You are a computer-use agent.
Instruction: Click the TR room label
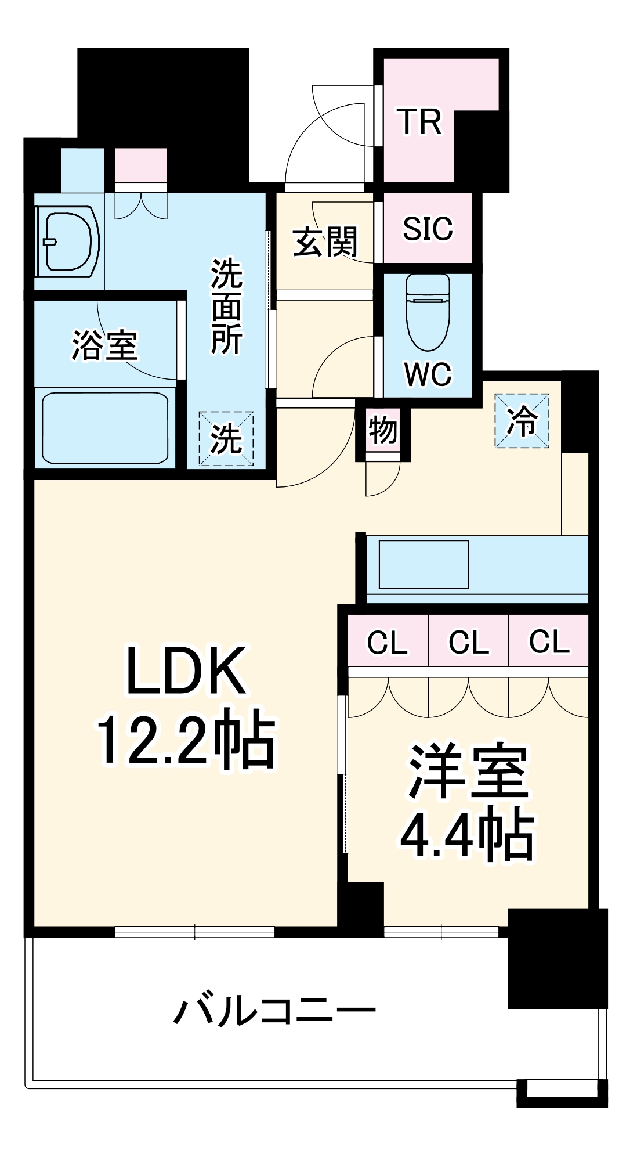419,122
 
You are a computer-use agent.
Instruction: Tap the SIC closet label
428,228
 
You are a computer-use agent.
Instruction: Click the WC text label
428,374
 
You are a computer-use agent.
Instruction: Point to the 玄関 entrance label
325,242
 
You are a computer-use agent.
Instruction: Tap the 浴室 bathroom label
104,345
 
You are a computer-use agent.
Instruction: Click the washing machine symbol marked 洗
226,438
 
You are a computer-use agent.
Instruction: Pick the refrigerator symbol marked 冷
521,421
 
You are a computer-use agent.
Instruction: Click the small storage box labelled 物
382,431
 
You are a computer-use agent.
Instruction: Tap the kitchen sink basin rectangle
424,565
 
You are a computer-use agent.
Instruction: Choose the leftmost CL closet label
388,642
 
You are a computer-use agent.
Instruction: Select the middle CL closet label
469,642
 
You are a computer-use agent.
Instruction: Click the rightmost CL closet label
549,642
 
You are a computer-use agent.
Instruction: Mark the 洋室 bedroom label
467,772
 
